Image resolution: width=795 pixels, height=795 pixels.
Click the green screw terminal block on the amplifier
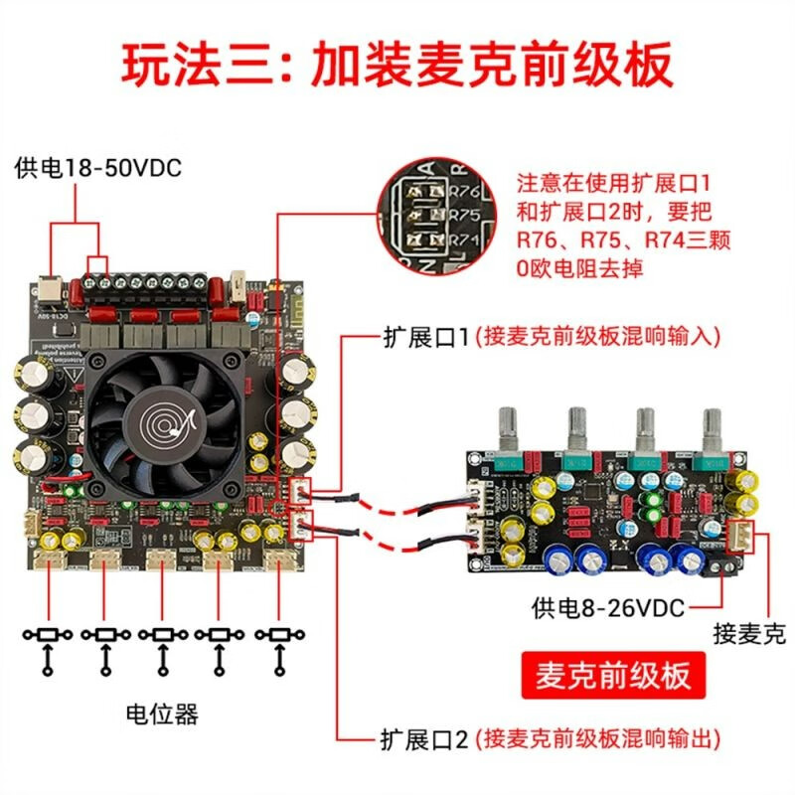[149, 284]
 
